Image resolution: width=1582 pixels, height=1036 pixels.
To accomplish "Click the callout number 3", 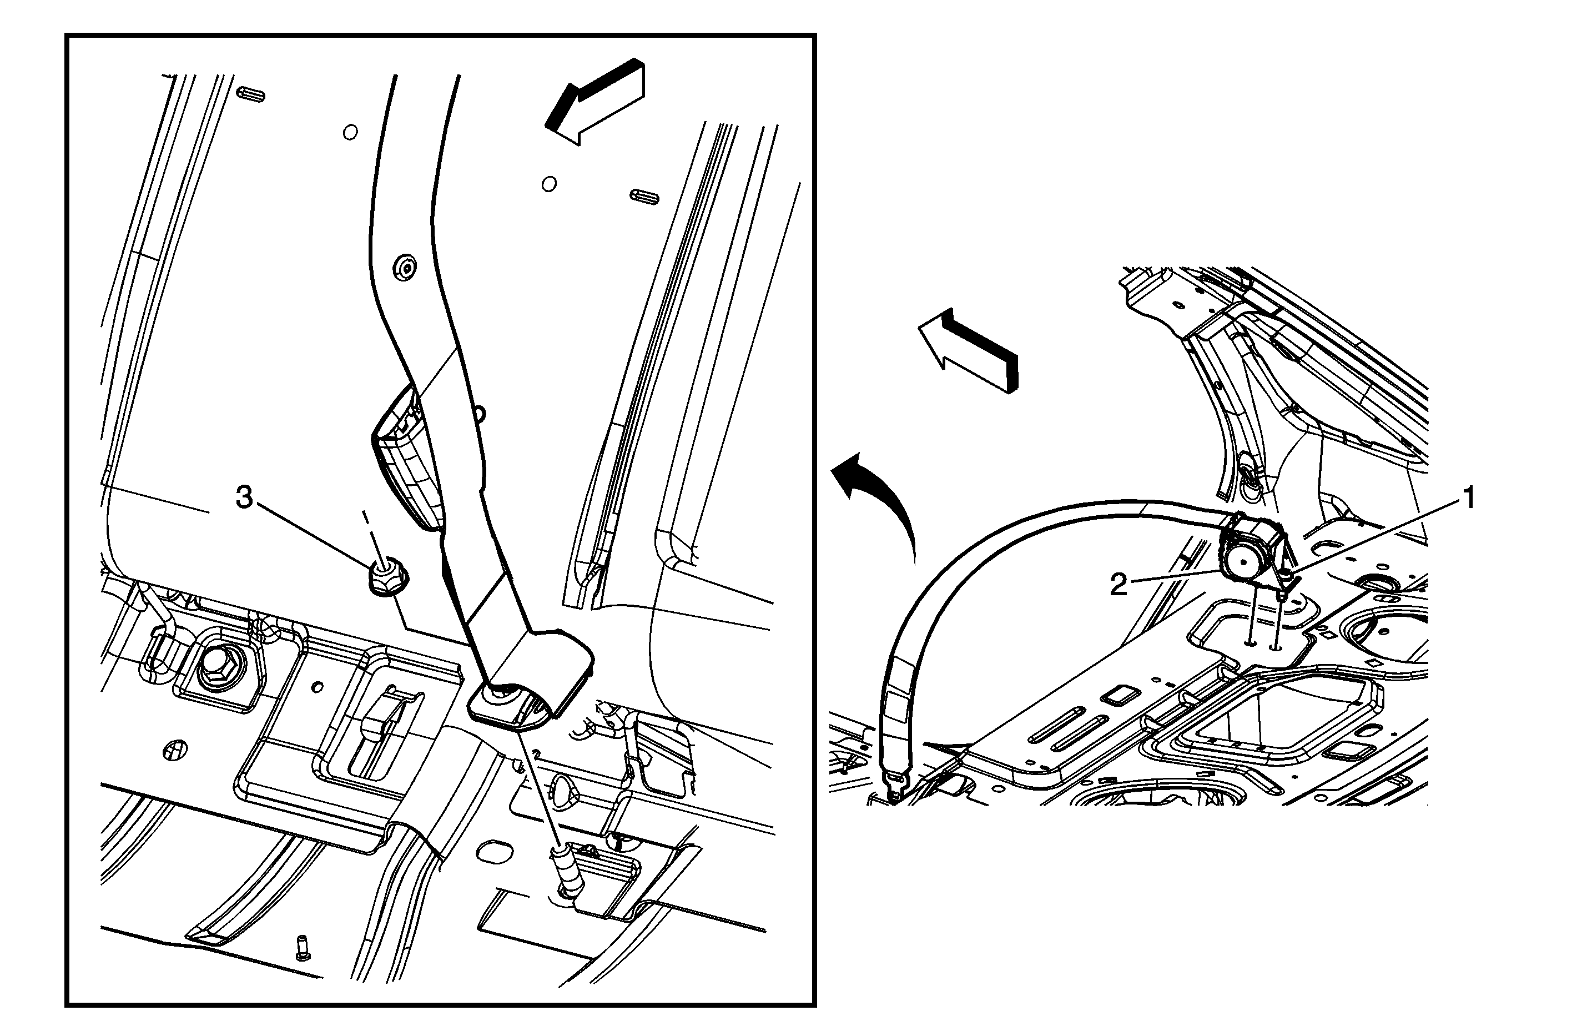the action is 245,497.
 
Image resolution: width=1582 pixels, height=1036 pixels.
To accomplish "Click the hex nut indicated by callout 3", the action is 387,577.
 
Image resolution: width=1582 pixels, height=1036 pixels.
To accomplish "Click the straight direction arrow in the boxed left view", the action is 595,100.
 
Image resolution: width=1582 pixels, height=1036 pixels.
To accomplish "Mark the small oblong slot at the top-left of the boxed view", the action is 250,94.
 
